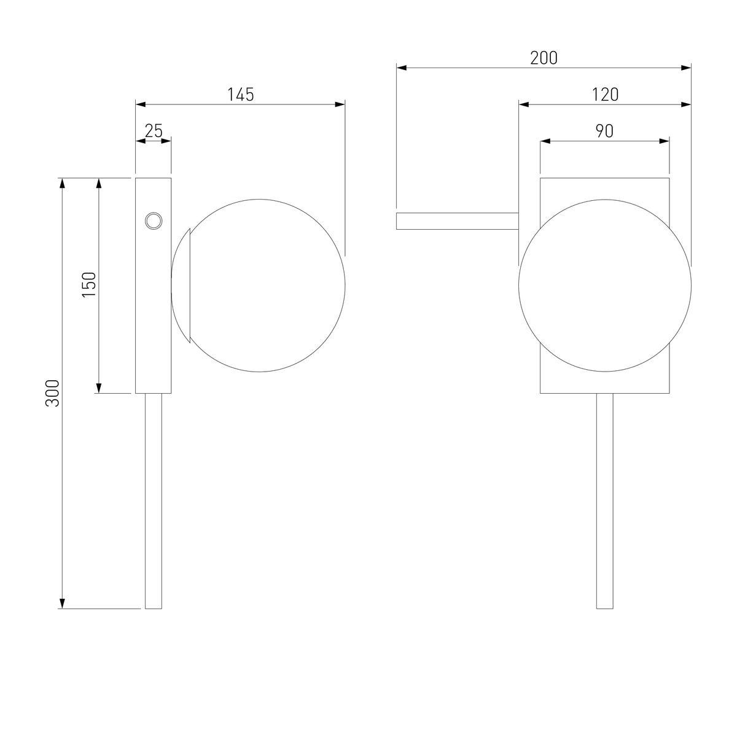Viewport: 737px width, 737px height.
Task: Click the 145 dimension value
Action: coord(241,95)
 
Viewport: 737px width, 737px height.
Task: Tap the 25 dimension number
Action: coord(154,131)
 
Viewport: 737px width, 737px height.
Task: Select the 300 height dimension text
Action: coord(53,393)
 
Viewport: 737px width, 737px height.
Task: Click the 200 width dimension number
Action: coord(544,58)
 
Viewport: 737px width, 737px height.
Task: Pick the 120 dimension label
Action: coord(605,95)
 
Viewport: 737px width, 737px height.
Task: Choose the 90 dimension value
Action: coord(605,131)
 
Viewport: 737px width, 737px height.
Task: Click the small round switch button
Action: coord(154,220)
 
